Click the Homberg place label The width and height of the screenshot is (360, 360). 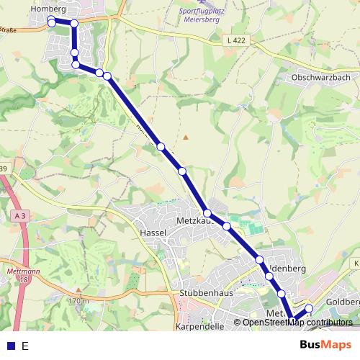(49, 9)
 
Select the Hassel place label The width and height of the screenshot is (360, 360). (154, 233)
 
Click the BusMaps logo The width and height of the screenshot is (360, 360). (325, 346)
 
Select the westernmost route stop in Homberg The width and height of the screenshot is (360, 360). (52, 23)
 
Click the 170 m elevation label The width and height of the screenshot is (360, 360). (77, 300)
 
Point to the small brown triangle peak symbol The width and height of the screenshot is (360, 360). (185, 136)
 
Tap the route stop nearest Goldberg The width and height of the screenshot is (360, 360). (309, 309)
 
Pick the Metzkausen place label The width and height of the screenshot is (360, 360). (192, 220)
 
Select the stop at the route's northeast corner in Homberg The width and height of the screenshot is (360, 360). (73, 23)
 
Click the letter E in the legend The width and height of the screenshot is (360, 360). (25, 346)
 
